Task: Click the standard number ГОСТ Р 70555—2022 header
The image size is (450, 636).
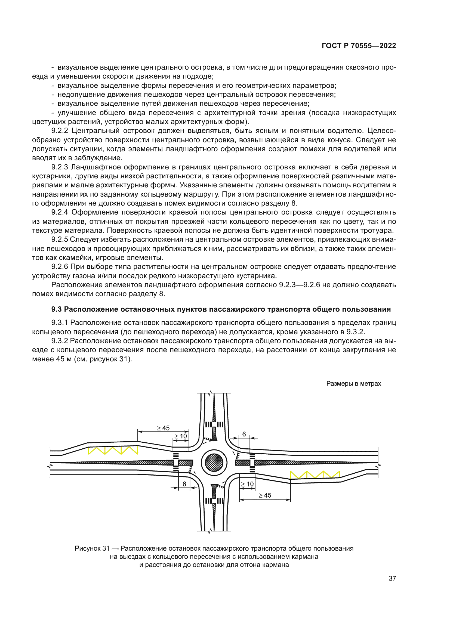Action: (359, 46)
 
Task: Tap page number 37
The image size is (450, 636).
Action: (392, 578)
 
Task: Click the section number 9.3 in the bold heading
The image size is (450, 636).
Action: (57, 309)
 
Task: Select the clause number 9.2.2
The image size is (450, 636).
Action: (60, 131)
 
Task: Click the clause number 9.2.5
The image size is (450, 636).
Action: (60, 240)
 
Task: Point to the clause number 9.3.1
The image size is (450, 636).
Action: (60, 323)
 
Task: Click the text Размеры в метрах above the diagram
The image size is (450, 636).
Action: (353, 384)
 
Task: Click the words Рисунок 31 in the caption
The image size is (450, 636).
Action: (92, 548)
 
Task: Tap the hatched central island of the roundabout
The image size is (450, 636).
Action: (214, 463)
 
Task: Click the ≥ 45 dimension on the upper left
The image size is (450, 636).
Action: (164, 428)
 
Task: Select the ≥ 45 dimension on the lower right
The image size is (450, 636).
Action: (265, 495)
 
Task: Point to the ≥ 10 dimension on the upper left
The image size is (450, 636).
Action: (181, 436)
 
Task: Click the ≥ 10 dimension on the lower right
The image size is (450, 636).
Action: (247, 484)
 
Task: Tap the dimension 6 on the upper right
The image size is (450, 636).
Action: (244, 434)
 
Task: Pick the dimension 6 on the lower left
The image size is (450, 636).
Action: (184, 484)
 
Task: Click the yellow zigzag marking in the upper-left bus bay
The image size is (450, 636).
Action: (113, 450)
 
